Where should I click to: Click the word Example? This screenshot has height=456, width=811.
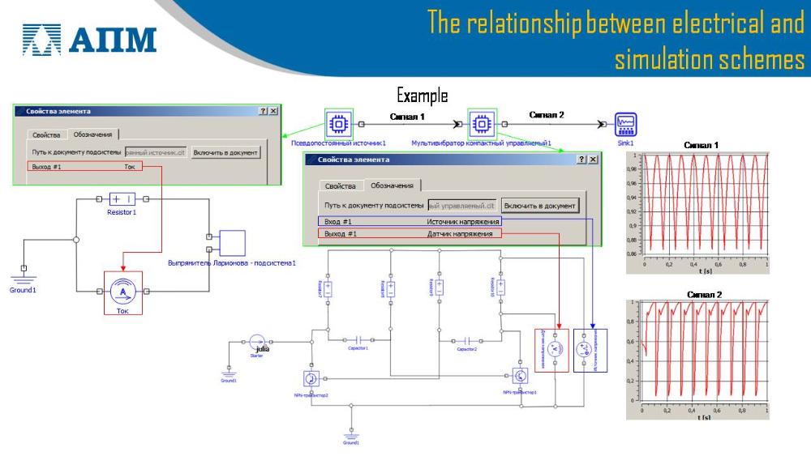click(x=422, y=96)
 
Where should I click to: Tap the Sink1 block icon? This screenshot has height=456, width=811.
click(x=625, y=124)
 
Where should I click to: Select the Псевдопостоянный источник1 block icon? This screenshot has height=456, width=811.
click(x=338, y=124)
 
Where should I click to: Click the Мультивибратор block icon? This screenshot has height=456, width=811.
click(x=481, y=124)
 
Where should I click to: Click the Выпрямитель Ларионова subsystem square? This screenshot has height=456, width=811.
click(x=232, y=242)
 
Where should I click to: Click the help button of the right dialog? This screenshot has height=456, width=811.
click(x=581, y=160)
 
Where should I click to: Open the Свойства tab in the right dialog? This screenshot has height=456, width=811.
click(x=341, y=186)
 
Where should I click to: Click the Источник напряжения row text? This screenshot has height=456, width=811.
click(x=464, y=220)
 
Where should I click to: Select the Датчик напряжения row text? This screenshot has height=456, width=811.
click(x=460, y=233)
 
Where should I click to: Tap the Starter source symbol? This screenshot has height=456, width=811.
click(x=257, y=343)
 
